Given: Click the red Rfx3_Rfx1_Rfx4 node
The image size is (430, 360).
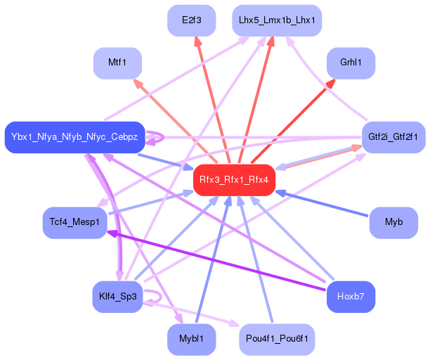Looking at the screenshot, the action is point(234,180).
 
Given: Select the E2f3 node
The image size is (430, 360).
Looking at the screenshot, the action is point(191,20).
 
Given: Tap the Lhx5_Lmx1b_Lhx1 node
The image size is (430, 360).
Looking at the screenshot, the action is point(277,20).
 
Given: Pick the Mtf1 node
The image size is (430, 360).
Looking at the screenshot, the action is point(117,63).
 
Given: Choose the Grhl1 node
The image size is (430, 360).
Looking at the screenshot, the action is point(351,63).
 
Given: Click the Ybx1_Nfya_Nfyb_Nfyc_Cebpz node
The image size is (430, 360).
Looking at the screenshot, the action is point(74,137).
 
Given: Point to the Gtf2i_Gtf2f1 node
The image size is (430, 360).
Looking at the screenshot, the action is point(393,137).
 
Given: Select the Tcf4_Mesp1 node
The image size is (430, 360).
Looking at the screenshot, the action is point(74,222).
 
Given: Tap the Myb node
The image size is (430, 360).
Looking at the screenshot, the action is point(393,222).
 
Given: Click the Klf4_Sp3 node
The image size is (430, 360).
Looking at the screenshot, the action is point(117,297).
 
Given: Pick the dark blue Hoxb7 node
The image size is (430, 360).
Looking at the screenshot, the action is point(351,297).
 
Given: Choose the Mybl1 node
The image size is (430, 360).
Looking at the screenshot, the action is point(191,340).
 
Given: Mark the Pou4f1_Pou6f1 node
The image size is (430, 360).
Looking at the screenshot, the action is point(277,340).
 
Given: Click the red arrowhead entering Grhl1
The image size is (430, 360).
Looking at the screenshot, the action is point(330,84).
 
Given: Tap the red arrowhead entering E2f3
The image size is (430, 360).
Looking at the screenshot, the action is point(197,41).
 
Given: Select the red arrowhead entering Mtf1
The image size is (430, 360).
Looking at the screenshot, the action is point(138,84).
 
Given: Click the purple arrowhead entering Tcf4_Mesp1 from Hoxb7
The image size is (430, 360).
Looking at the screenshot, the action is point(112,233).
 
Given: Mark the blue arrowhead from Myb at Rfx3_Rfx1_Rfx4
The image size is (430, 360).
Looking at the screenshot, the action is point(280,193).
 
